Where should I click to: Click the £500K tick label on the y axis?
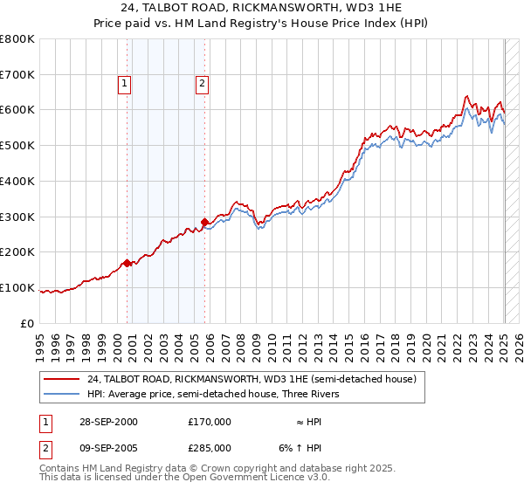[17, 145]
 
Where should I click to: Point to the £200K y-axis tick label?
[17, 252]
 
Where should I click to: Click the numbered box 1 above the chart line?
[125, 84]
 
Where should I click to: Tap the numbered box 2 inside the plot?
[202, 84]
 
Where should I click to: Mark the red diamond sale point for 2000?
[128, 262]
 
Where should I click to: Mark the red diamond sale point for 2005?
[204, 222]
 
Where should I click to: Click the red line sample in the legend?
[62, 379]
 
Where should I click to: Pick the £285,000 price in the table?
[210, 448]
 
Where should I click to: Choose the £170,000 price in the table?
[210, 422]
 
